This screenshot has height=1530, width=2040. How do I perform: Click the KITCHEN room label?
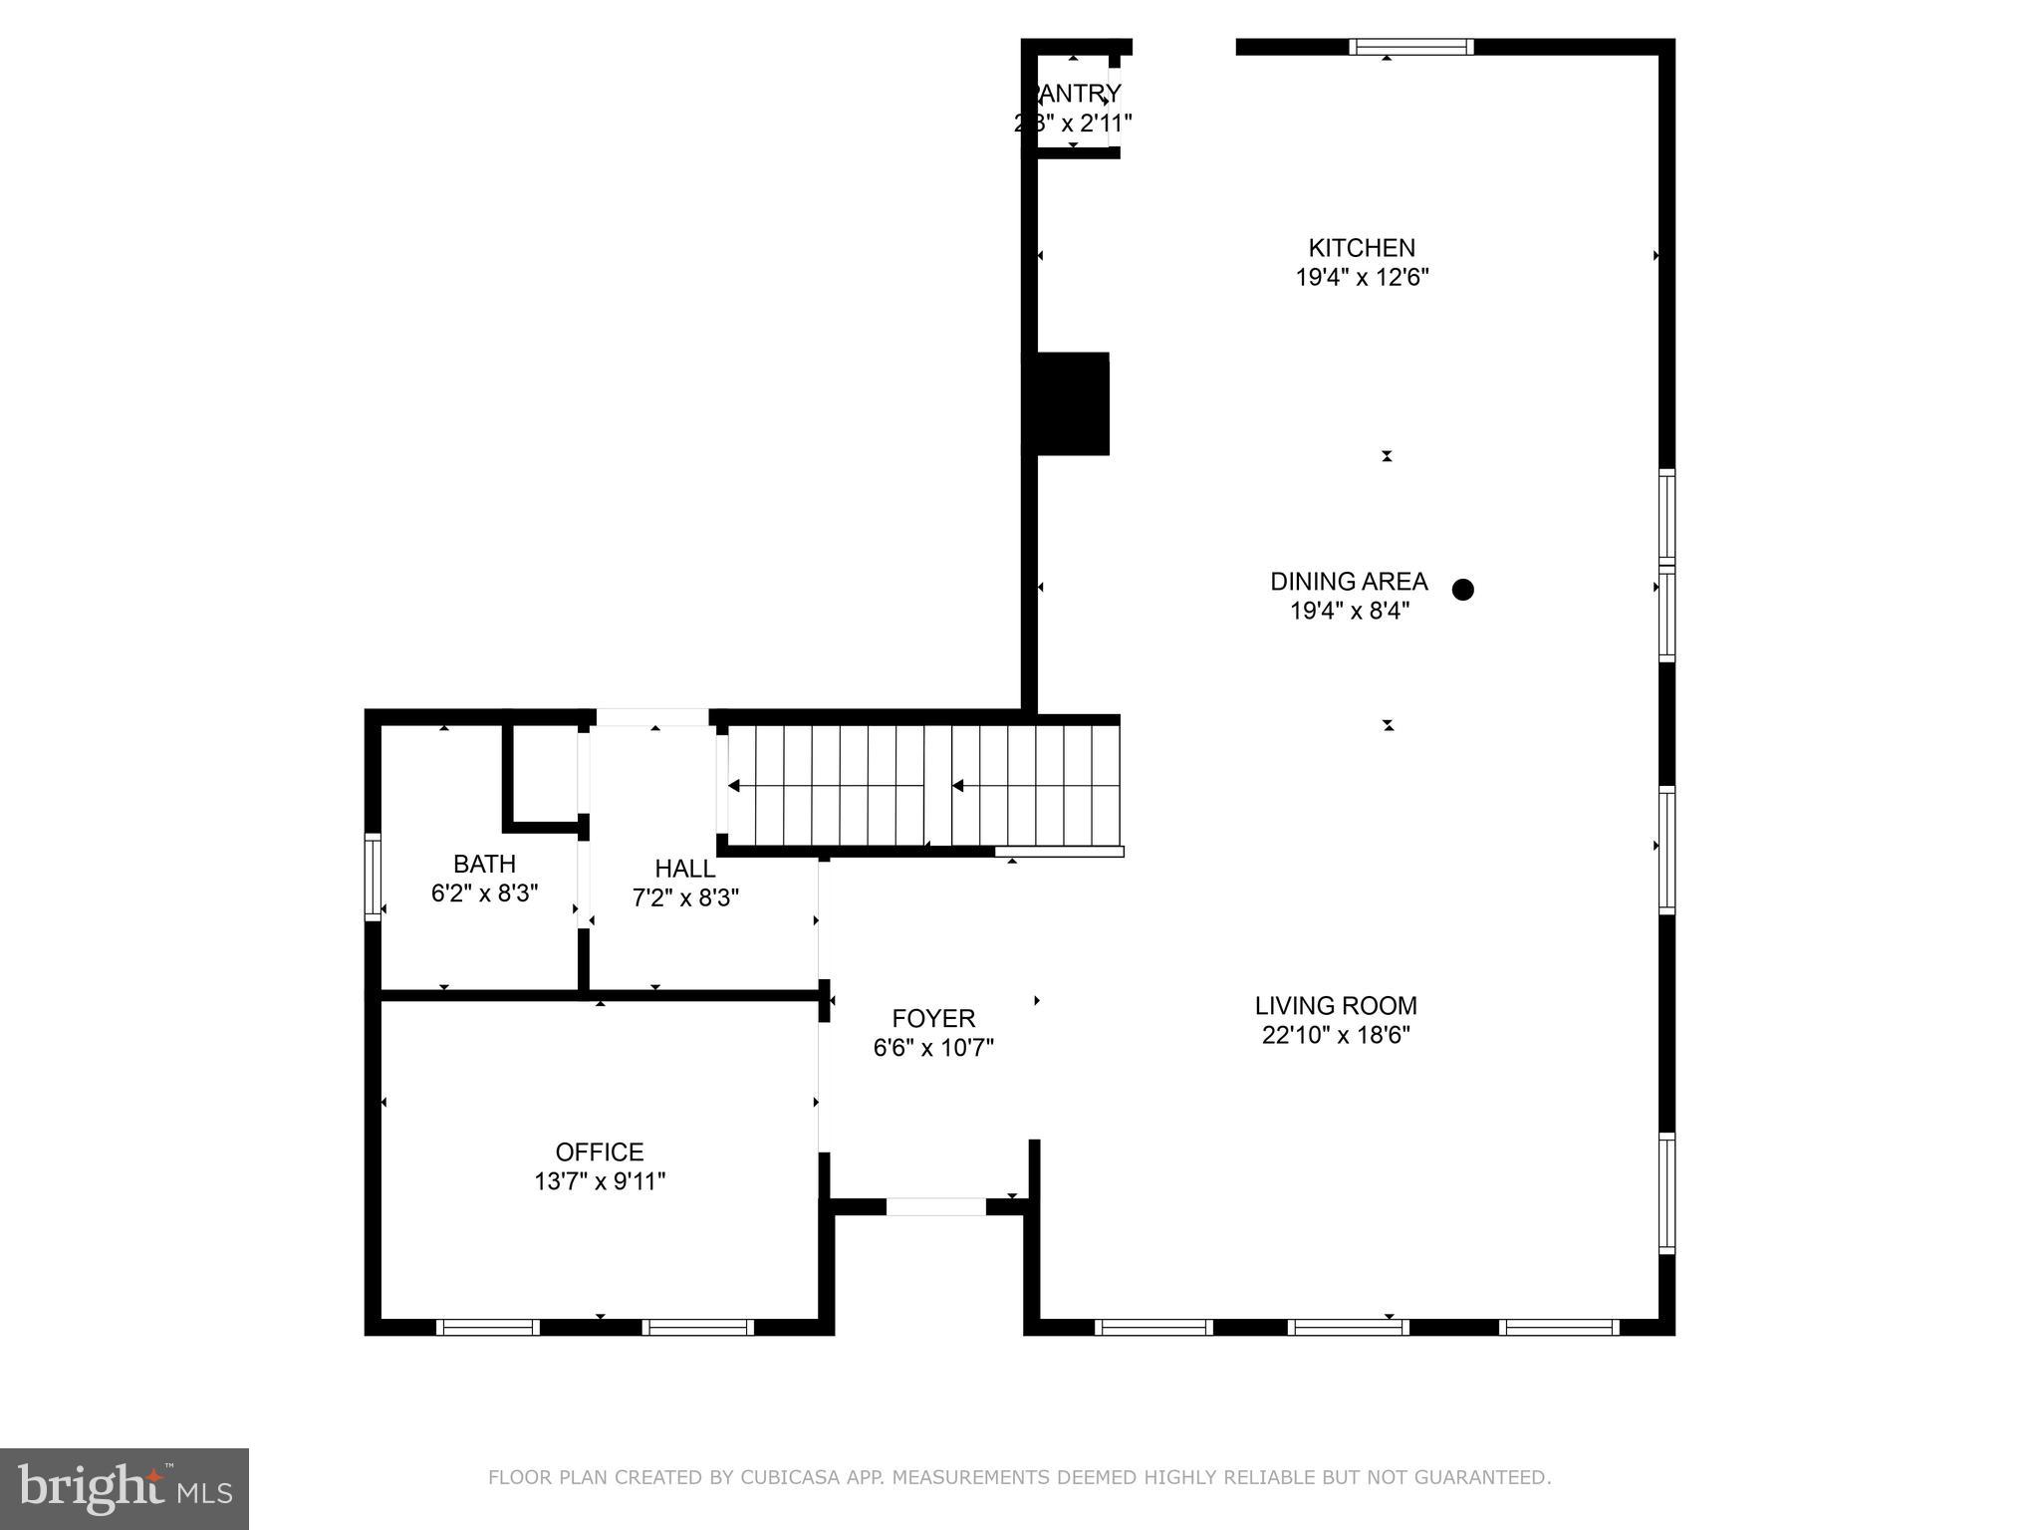point(1361,247)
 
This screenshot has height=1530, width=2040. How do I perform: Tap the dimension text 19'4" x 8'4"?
point(1350,611)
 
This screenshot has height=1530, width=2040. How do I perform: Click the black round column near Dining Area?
point(1462,590)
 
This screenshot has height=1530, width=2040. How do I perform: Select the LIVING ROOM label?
point(1335,1006)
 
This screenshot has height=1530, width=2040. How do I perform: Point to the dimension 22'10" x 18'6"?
point(1335,1036)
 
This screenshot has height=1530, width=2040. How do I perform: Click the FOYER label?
point(933,1018)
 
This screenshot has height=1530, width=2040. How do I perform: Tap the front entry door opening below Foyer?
point(935,1206)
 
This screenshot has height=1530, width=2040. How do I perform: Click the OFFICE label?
point(599,1151)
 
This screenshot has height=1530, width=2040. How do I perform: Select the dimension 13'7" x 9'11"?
point(599,1181)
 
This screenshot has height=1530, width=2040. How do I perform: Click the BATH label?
point(484,864)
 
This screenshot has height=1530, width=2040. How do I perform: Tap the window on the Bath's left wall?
point(373,877)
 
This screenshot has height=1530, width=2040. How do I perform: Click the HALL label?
point(684,869)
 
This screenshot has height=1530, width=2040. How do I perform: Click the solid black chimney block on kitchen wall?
point(1067,403)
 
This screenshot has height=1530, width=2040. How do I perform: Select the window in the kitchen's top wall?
point(1410,47)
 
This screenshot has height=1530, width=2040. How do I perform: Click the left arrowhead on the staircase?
point(734,786)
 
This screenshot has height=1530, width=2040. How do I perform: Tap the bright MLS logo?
point(124,1488)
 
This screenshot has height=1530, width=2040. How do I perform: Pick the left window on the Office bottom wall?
point(488,1327)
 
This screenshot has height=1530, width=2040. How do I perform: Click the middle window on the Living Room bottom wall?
point(1348,1327)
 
